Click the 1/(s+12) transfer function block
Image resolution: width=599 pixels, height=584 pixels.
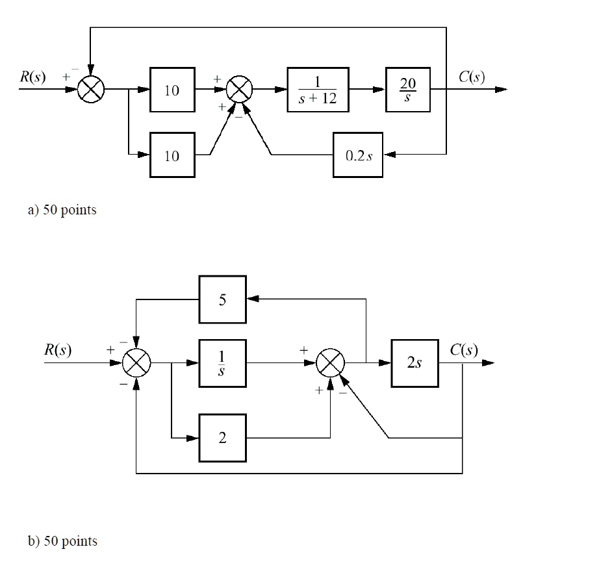318,89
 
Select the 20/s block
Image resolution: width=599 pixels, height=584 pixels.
407,89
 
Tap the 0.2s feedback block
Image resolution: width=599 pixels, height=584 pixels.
358,155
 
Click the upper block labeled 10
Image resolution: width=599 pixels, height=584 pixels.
172,90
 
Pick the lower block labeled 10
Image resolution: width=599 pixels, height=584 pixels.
172,155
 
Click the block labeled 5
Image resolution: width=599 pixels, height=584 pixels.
222,299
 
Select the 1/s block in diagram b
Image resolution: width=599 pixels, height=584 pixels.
222,363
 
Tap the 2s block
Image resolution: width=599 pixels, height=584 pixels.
414,363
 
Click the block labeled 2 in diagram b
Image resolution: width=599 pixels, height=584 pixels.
222,438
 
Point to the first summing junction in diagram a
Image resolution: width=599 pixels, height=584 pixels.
90,90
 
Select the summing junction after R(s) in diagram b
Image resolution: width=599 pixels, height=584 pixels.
136,363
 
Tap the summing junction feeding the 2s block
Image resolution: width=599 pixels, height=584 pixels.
330,363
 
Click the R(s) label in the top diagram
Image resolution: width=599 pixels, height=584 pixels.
32,77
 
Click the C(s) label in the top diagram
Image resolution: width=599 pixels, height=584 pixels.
471,77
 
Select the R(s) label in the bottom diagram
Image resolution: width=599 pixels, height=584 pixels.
58,350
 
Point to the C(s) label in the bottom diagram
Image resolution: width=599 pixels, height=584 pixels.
464,350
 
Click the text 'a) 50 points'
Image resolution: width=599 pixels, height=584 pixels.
62,210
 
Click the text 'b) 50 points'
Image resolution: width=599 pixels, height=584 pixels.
62,540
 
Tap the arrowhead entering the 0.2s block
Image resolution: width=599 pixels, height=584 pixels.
389,155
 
